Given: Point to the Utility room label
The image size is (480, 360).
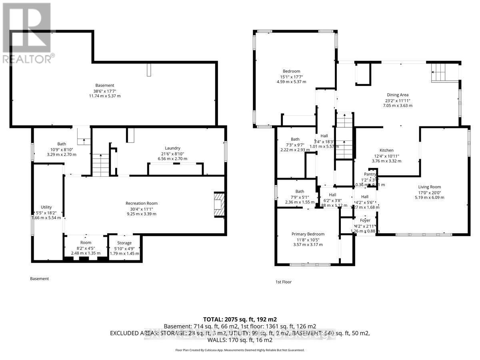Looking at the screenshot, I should point(46,207).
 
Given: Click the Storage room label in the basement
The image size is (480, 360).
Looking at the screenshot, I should point(124,243).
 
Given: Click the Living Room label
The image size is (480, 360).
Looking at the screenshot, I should point(430,187).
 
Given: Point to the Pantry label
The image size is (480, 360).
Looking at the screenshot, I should point(370,174).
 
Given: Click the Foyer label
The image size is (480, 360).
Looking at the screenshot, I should point(365,220).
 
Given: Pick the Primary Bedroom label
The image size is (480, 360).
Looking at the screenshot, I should point(308,234).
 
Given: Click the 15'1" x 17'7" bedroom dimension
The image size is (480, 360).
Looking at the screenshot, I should point(291,77).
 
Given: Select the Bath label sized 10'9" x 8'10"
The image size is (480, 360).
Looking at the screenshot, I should point(62,144).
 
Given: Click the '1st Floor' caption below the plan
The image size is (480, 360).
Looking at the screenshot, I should point(284,282).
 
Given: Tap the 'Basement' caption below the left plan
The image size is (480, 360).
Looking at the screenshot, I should point(40,278).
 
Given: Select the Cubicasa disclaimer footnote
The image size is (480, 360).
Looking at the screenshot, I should point(240,350).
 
